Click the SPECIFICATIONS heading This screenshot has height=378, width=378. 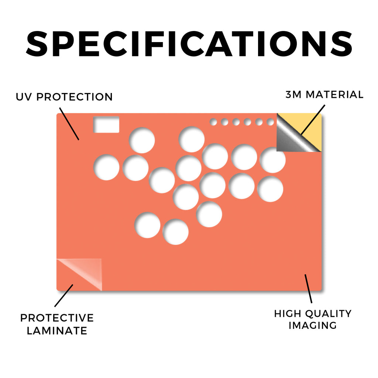tap(189, 44)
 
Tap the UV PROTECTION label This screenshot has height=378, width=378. tap(64, 97)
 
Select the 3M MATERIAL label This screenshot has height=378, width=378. tap(324, 94)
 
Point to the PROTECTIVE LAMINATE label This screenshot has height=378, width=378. tap(57, 324)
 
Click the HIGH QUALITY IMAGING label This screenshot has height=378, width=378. tap(313, 319)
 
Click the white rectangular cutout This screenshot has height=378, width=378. tap(106, 125)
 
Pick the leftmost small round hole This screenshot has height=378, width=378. tap(213, 122)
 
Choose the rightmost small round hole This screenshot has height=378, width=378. tap(271, 122)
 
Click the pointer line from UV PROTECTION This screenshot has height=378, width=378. tap(69, 124)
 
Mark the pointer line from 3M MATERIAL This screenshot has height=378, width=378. tap(313, 120)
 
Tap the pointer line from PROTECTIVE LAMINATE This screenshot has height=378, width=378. tap(63, 296)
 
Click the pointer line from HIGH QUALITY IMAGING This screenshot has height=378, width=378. tap(308, 289)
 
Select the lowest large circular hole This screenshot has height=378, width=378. tap(175, 232)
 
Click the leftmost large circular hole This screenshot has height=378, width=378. tap(106, 167)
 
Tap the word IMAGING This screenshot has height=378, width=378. tap(313, 326)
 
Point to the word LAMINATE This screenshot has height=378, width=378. tap(57, 331)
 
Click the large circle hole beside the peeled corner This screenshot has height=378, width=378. tap(273, 160)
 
